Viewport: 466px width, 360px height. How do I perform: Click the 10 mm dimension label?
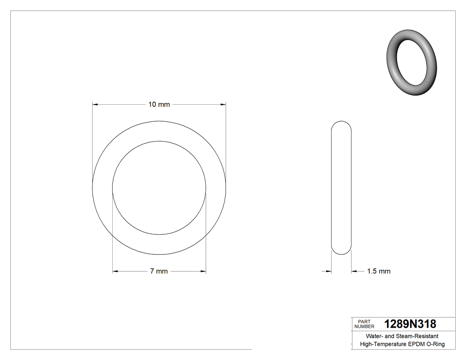[159, 105]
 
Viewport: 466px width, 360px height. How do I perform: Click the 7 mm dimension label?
[159, 271]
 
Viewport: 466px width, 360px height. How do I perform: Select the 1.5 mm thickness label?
[379, 271]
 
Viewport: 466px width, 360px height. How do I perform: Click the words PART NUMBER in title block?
[364, 324]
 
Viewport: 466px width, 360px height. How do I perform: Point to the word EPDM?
[416, 344]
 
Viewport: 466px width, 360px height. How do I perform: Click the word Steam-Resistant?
[417, 336]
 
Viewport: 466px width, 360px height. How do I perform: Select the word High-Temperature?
[383, 344]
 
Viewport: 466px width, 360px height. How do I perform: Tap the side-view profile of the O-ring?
[342, 188]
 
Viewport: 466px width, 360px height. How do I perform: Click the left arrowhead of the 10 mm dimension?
[95, 105]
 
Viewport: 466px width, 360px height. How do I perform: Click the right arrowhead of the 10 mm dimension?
[223, 105]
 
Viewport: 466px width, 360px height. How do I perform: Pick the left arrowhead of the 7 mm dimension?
[115, 271]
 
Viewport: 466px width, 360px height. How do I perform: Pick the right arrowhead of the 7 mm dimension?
[203, 271]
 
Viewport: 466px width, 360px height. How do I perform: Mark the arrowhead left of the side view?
[329, 271]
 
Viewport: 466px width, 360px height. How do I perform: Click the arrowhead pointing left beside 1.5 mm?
[354, 271]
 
